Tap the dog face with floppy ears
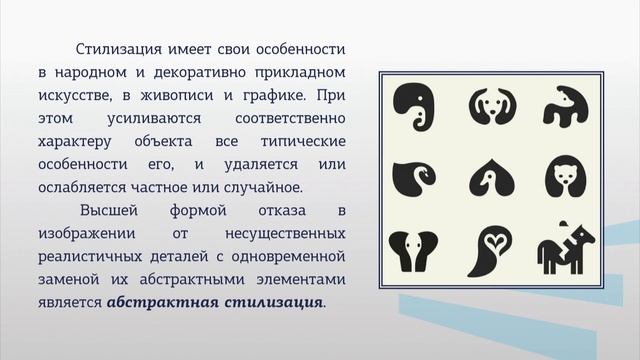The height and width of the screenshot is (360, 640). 488,108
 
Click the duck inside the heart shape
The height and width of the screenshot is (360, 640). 488,180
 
